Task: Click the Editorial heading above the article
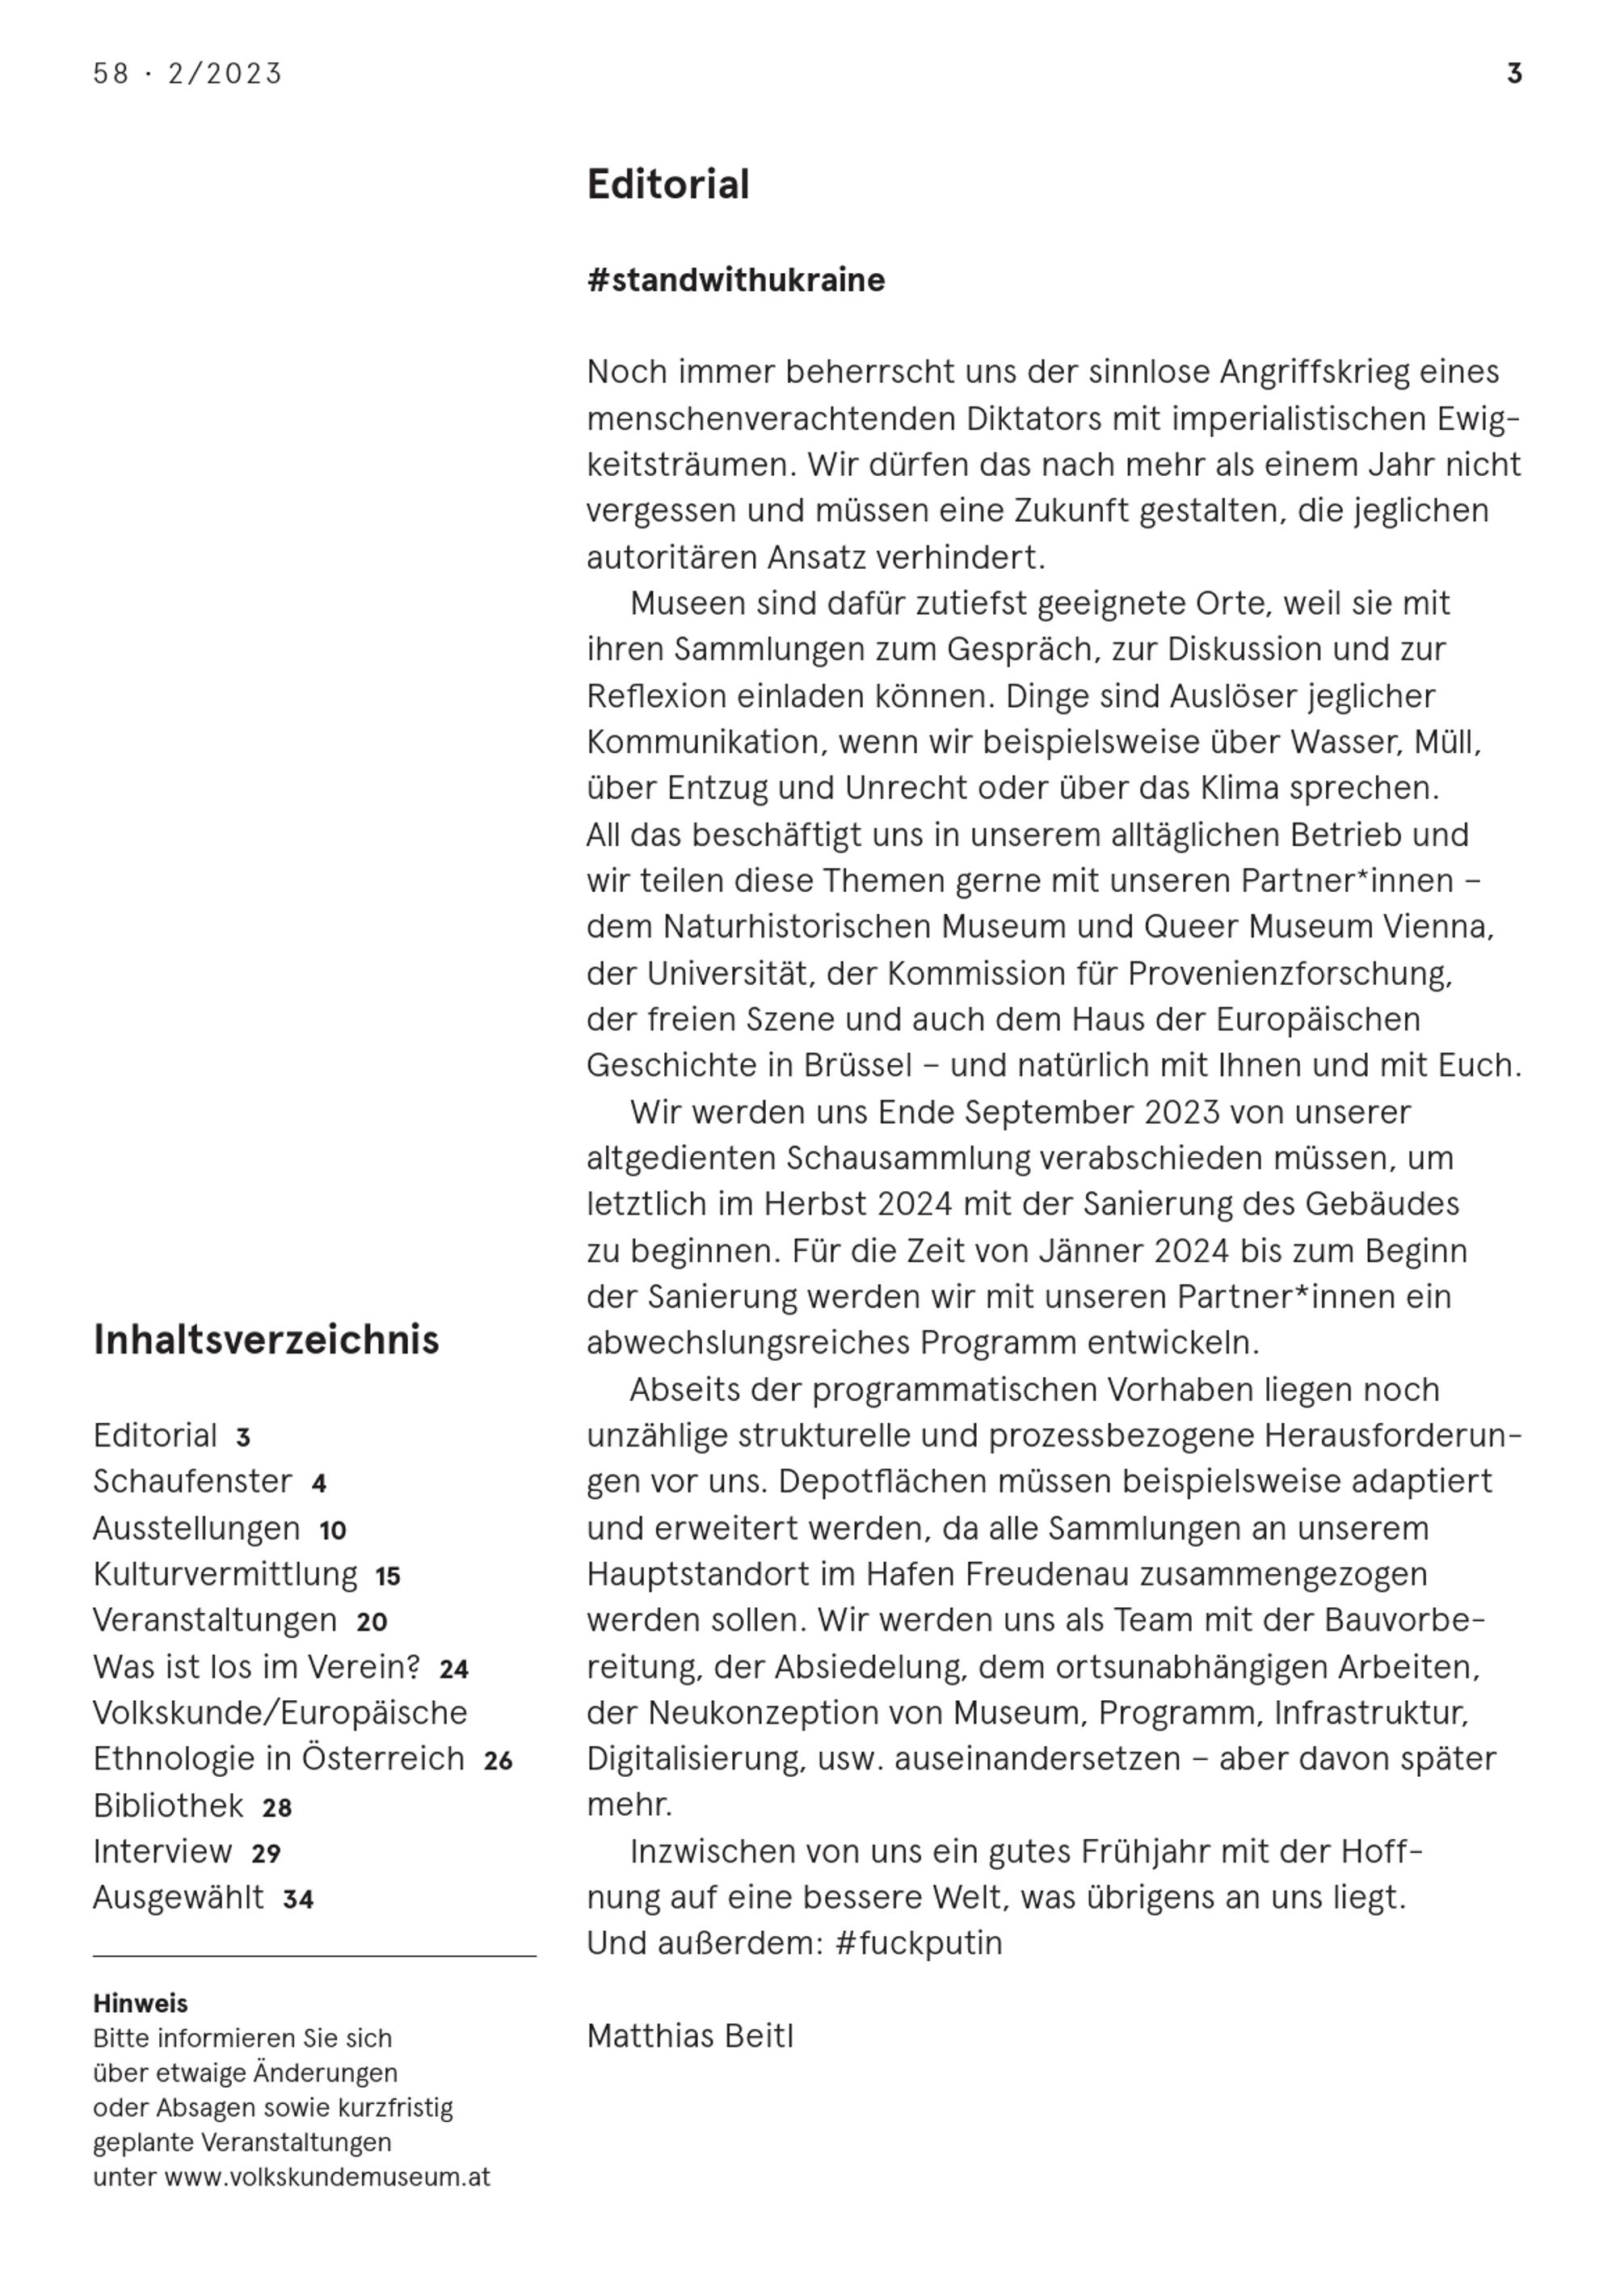pos(667,185)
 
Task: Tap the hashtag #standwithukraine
pos(735,280)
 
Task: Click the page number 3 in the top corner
pos(1514,74)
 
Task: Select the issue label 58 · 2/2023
pos(188,74)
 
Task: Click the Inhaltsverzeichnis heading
pos(266,1340)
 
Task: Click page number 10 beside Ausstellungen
pos(333,1530)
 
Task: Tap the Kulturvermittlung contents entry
pos(225,1575)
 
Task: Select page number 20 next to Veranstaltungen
pos(372,1622)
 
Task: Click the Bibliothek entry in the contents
pos(168,1805)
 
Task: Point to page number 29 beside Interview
pos(266,1854)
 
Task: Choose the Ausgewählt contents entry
pos(179,1897)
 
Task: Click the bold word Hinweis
pos(140,2003)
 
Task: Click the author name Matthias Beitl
pos(689,2036)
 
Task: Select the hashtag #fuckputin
pos(917,1943)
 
